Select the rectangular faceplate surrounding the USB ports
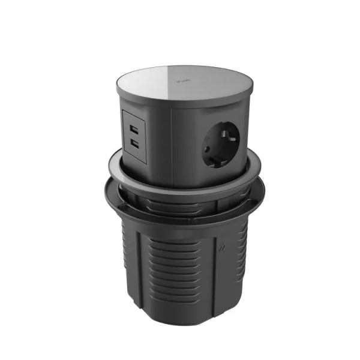coord(134,137)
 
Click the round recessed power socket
coord(221,143)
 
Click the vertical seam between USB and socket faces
coord(173,144)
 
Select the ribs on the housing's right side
coord(237,264)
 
